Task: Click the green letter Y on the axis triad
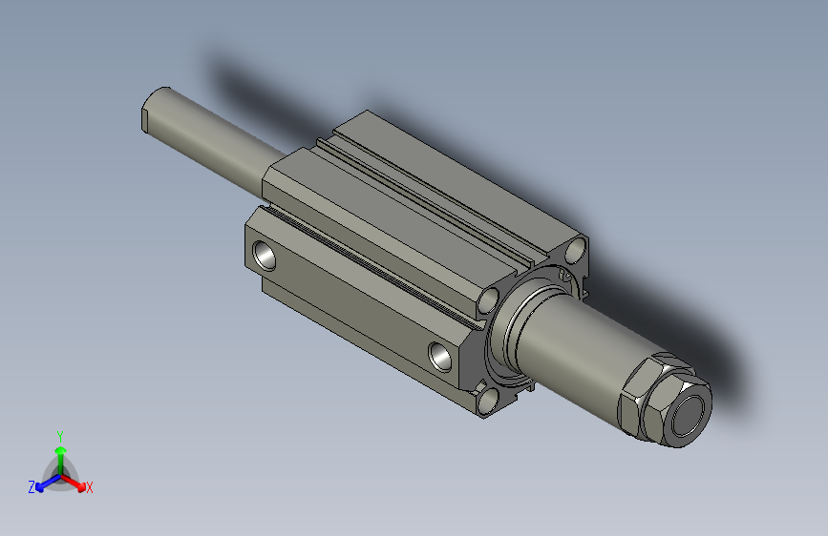[60, 437]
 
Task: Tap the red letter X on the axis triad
[89, 487]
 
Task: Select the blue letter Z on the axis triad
[32, 487]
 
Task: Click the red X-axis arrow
[74, 483]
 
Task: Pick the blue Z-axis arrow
[49, 483]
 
